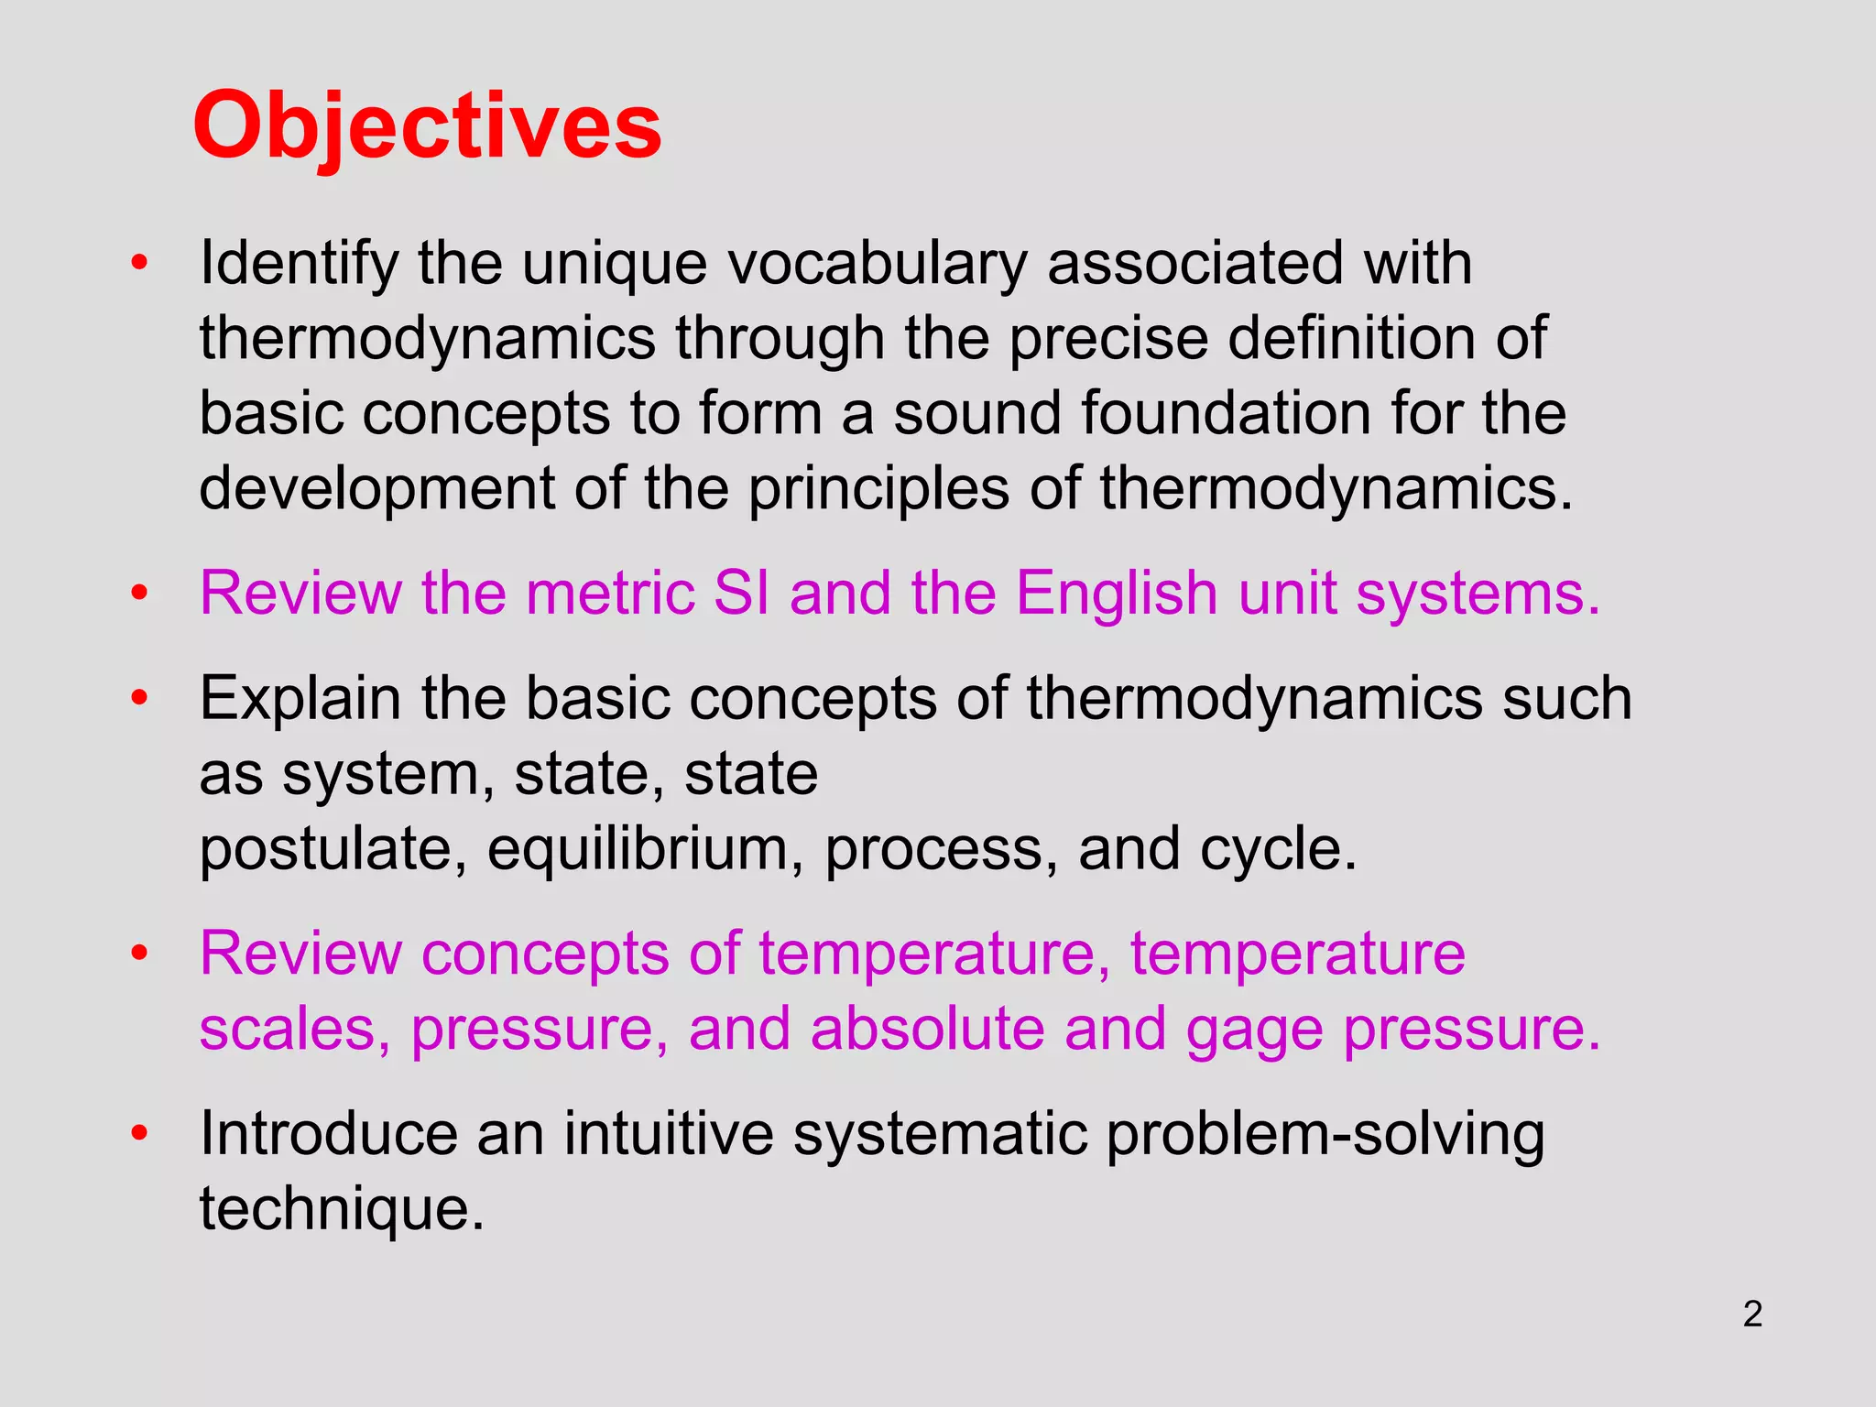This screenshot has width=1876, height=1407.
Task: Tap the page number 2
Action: (x=1752, y=1314)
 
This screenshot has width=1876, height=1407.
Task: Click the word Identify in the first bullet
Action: (x=299, y=264)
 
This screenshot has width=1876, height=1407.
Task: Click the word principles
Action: (x=879, y=488)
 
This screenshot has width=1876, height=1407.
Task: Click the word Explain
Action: (x=300, y=699)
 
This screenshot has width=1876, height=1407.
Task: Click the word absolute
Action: (x=927, y=1029)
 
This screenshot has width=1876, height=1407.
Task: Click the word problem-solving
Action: (x=1325, y=1136)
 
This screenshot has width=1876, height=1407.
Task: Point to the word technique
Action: (x=341, y=1209)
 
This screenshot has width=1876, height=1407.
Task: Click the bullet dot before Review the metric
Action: (x=139, y=593)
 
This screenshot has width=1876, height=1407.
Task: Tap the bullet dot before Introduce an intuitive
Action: (x=139, y=1134)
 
